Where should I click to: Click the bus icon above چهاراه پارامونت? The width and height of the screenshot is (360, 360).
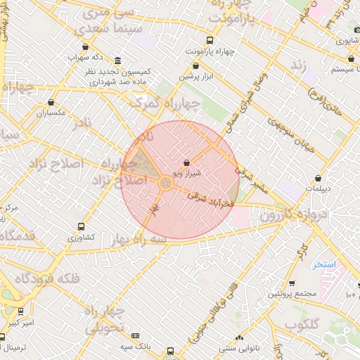tap(210, 41)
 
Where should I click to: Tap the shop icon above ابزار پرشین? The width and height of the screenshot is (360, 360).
tap(195, 65)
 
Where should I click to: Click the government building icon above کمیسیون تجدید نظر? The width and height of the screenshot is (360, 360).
tap(117, 61)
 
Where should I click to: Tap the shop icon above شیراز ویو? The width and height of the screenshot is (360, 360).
tap(186, 162)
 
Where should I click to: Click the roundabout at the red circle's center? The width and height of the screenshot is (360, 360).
tap(165, 184)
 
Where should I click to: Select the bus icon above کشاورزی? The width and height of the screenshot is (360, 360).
tap(82, 227)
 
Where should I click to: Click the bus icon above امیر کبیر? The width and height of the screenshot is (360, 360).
tap(20, 311)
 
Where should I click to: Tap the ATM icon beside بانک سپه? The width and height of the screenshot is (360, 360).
tap(135, 336)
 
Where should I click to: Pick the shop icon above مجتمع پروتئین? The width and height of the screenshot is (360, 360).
tap(292, 283)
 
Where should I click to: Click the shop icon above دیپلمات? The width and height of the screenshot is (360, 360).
tap(319, 178)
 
